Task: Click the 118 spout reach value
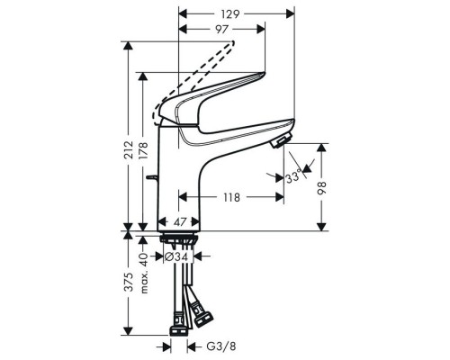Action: tap(230, 196)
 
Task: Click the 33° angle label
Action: tap(291, 179)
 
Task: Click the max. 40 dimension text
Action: tap(143, 267)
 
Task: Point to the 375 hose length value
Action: tap(128, 283)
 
